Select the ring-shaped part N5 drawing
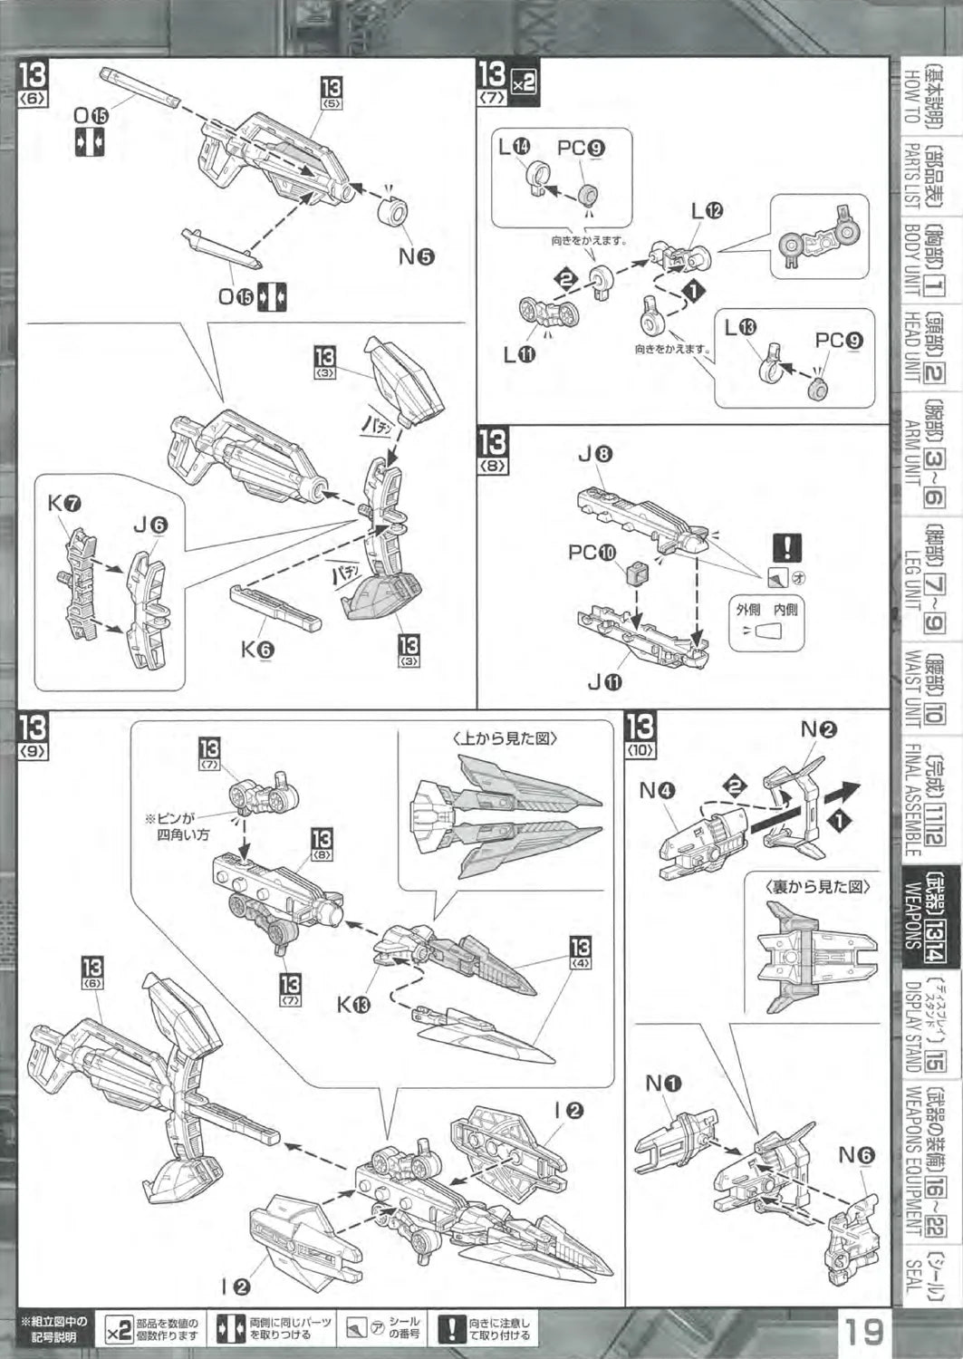[x=392, y=213]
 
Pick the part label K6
[x=257, y=649]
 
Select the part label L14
[x=515, y=147]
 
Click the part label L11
[x=519, y=355]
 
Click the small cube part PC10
[x=633, y=573]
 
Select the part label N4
[x=658, y=790]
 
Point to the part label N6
[x=856, y=1155]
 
